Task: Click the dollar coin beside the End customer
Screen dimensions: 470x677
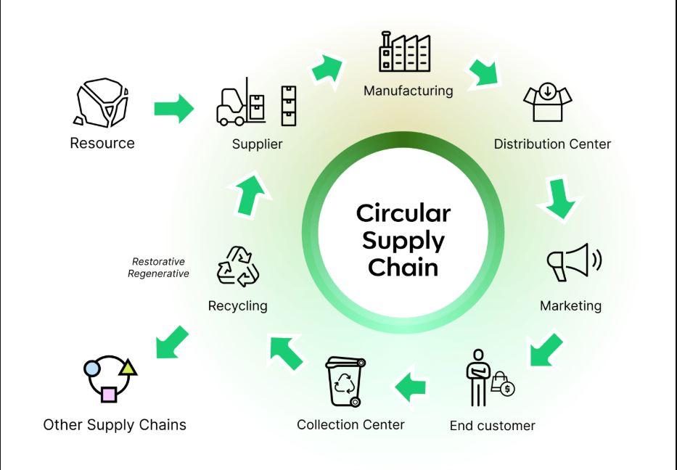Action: [x=508, y=389]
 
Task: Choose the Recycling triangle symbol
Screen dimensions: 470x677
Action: [x=237, y=265]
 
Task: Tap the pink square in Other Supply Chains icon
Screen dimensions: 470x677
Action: [x=108, y=394]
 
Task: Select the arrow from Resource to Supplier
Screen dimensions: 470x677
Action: [x=174, y=109]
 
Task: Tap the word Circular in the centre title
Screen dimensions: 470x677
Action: [x=403, y=213]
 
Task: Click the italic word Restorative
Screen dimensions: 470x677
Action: [x=158, y=262]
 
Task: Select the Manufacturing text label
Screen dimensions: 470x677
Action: [x=408, y=91]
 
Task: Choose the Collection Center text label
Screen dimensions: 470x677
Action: [x=350, y=424]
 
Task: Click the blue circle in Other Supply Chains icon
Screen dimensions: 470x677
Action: [x=92, y=368]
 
